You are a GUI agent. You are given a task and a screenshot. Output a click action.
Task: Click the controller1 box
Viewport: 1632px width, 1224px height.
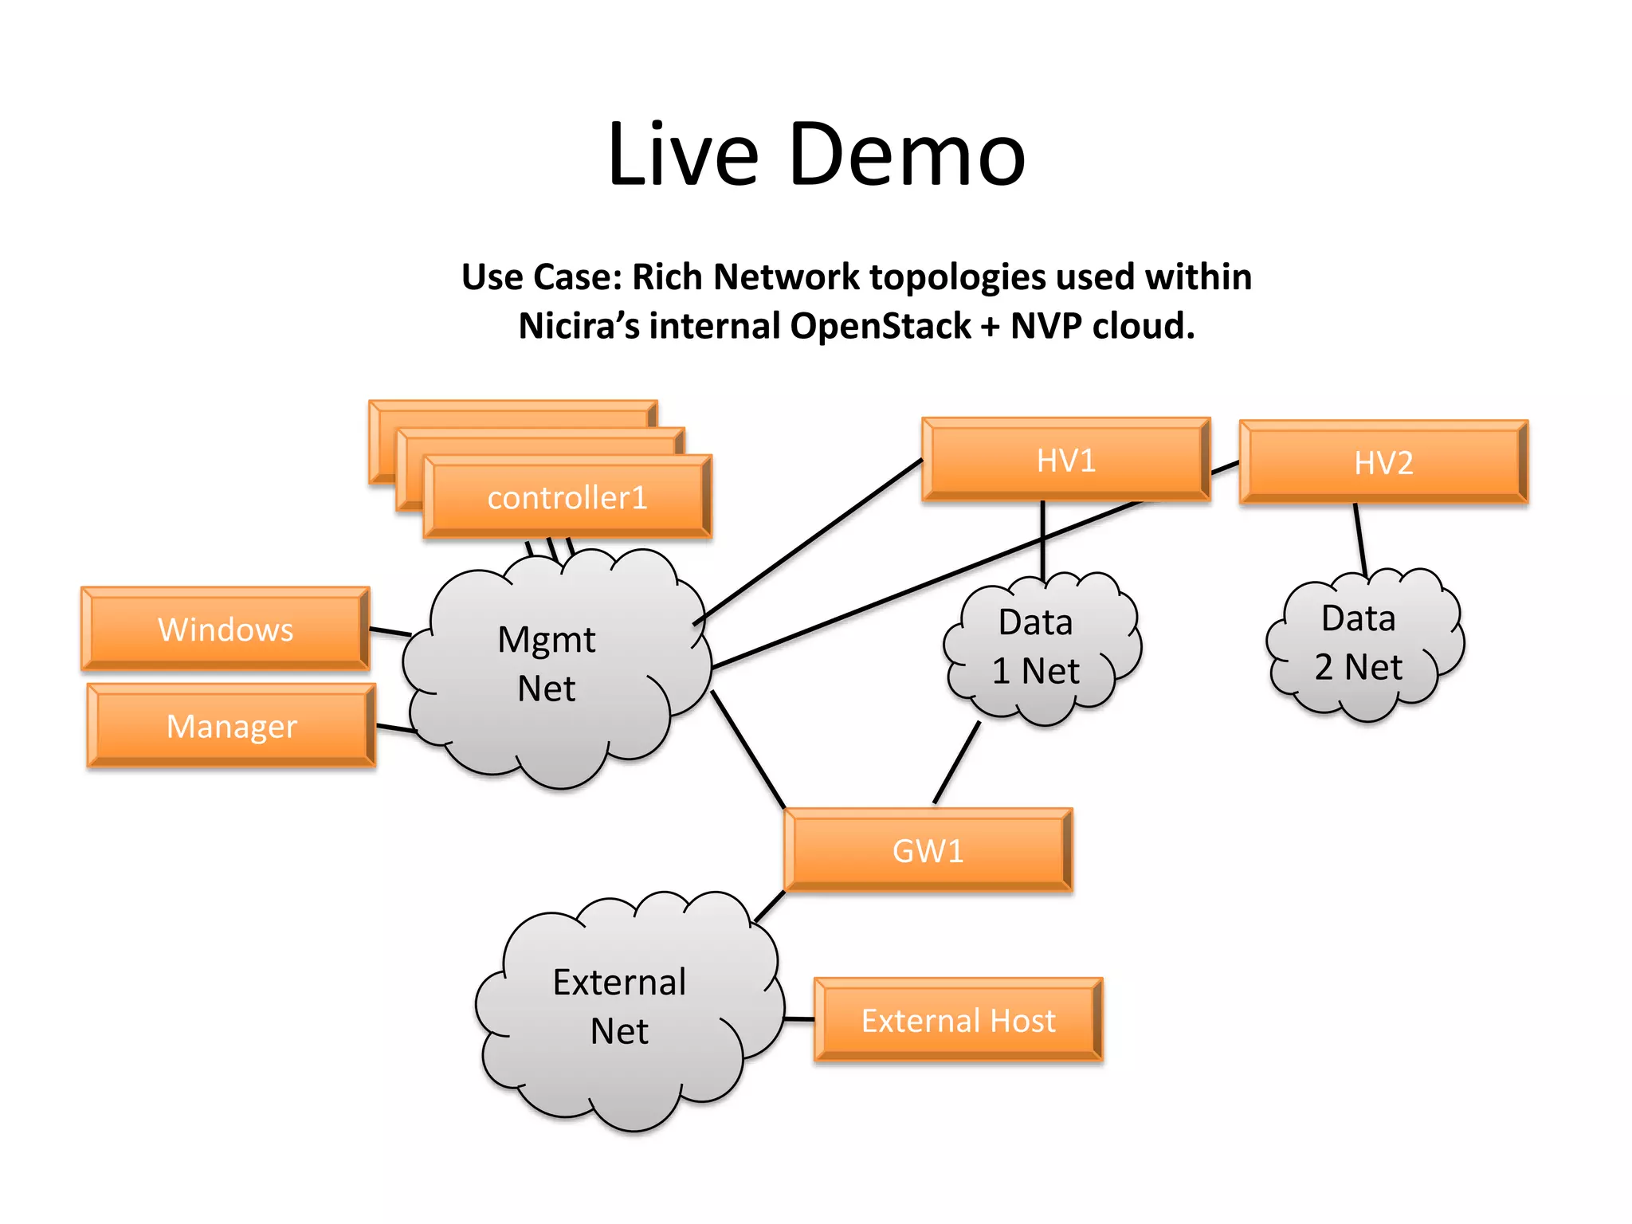567,498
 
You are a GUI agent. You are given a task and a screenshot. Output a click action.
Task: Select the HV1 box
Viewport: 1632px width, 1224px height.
1065,461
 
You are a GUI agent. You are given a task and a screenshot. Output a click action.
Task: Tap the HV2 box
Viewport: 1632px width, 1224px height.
1383,463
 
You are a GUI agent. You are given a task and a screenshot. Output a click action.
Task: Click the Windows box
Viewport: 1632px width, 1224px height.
226,630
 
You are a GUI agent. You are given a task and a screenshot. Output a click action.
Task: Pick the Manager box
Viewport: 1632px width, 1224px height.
231,726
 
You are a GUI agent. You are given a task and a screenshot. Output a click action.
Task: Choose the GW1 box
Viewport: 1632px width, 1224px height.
928,851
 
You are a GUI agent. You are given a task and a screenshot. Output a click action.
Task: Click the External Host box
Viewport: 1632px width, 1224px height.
958,1021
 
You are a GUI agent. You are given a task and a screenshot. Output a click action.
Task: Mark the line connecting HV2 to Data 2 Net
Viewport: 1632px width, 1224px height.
1360,539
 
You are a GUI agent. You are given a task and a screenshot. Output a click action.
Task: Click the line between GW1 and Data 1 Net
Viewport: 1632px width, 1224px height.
956,763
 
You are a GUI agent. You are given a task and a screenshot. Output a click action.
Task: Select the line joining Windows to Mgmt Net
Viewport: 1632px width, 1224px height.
390,631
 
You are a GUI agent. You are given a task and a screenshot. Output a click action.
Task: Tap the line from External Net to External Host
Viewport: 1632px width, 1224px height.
799,1018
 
